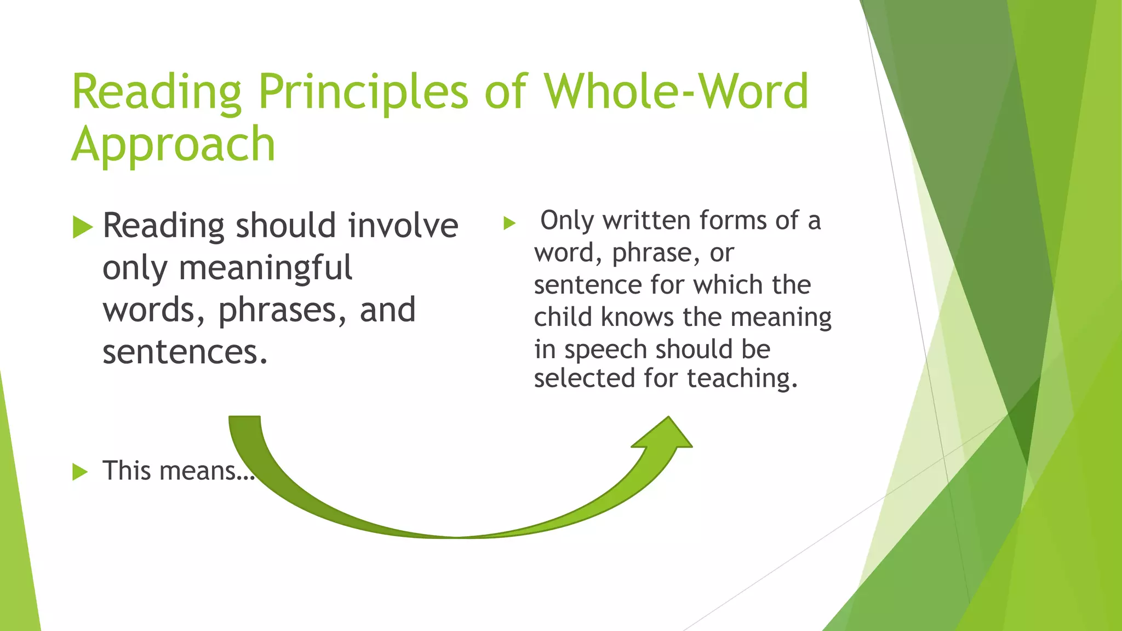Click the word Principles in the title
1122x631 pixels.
[x=363, y=92]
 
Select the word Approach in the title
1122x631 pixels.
[x=173, y=145]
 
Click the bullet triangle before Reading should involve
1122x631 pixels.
[x=82, y=227]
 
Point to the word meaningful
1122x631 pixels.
[x=265, y=268]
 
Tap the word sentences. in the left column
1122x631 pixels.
[x=185, y=352]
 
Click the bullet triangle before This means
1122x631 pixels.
[x=80, y=472]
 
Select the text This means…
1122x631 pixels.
[x=179, y=471]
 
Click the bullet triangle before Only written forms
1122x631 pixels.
[x=510, y=223]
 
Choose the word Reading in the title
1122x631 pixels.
[x=157, y=92]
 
